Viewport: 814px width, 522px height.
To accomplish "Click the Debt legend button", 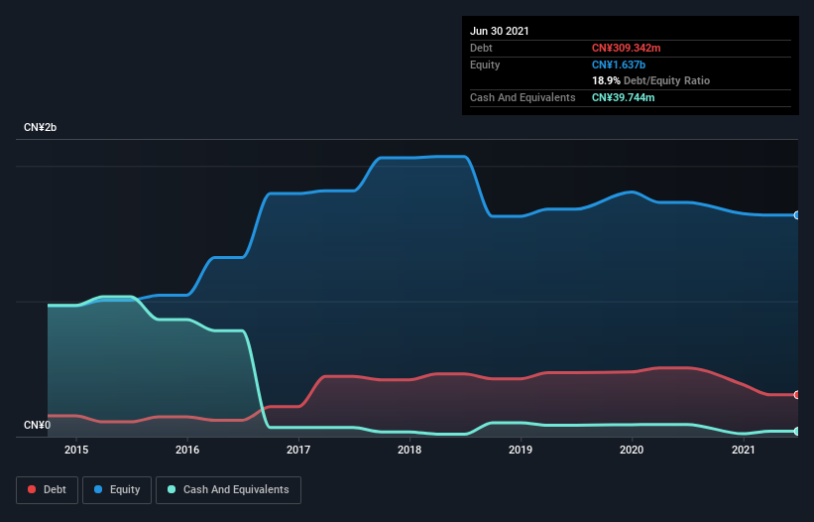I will tap(46, 489).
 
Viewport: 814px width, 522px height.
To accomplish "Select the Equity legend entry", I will tap(117, 489).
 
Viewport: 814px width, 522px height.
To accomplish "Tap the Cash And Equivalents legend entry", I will tap(228, 489).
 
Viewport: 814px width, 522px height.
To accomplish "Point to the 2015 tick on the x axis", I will tap(76, 450).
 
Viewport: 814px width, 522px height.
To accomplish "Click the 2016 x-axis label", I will tap(187, 450).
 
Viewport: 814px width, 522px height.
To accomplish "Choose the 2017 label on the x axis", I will tap(298, 450).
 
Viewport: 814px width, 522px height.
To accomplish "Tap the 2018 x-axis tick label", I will tap(410, 450).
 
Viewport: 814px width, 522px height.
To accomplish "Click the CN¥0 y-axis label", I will tap(38, 426).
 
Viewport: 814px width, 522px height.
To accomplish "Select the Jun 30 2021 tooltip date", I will tap(500, 31).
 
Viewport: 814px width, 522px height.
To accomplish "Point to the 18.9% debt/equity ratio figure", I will tap(606, 80).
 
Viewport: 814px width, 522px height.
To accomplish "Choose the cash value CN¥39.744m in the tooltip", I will tap(624, 97).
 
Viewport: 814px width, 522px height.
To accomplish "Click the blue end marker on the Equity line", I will tap(797, 215).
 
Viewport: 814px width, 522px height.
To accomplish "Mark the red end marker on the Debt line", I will tap(797, 395).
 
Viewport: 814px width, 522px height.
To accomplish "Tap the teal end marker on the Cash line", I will tap(797, 431).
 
